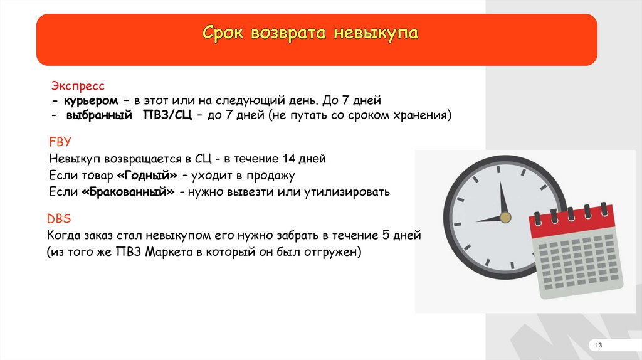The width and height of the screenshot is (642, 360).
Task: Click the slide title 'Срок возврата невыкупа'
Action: [x=310, y=33]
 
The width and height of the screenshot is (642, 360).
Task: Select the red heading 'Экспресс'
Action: [x=78, y=86]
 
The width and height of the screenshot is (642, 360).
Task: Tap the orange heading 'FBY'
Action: [x=60, y=142]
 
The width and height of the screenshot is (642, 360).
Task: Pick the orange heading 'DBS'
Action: [x=59, y=218]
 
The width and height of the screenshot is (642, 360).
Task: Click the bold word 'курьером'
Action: [x=90, y=101]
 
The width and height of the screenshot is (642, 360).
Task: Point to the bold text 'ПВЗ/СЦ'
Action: [x=167, y=115]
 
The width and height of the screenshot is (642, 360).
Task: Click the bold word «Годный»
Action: [x=147, y=175]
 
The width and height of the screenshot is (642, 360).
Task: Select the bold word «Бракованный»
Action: [x=128, y=192]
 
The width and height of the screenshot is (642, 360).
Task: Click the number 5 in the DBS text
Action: [x=386, y=235]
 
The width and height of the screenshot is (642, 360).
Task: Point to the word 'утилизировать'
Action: [x=347, y=192]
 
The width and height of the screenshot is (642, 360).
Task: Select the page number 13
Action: [x=599, y=345]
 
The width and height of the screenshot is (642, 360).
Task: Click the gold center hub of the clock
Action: [x=505, y=217]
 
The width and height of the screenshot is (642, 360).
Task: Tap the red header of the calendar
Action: [x=572, y=221]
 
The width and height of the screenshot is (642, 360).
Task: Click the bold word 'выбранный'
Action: [x=98, y=115]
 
